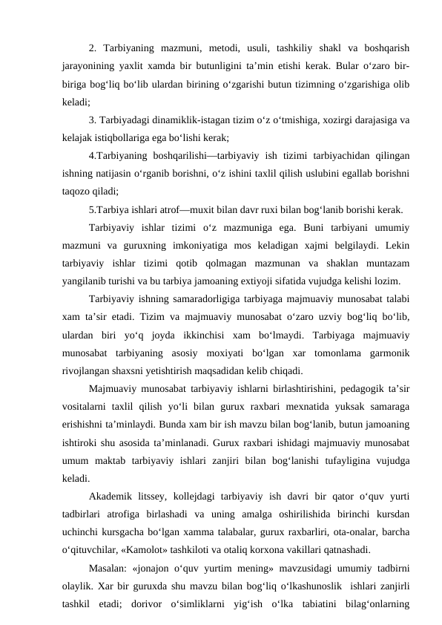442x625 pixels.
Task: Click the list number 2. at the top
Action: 92,50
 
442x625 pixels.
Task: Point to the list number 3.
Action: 92,120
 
